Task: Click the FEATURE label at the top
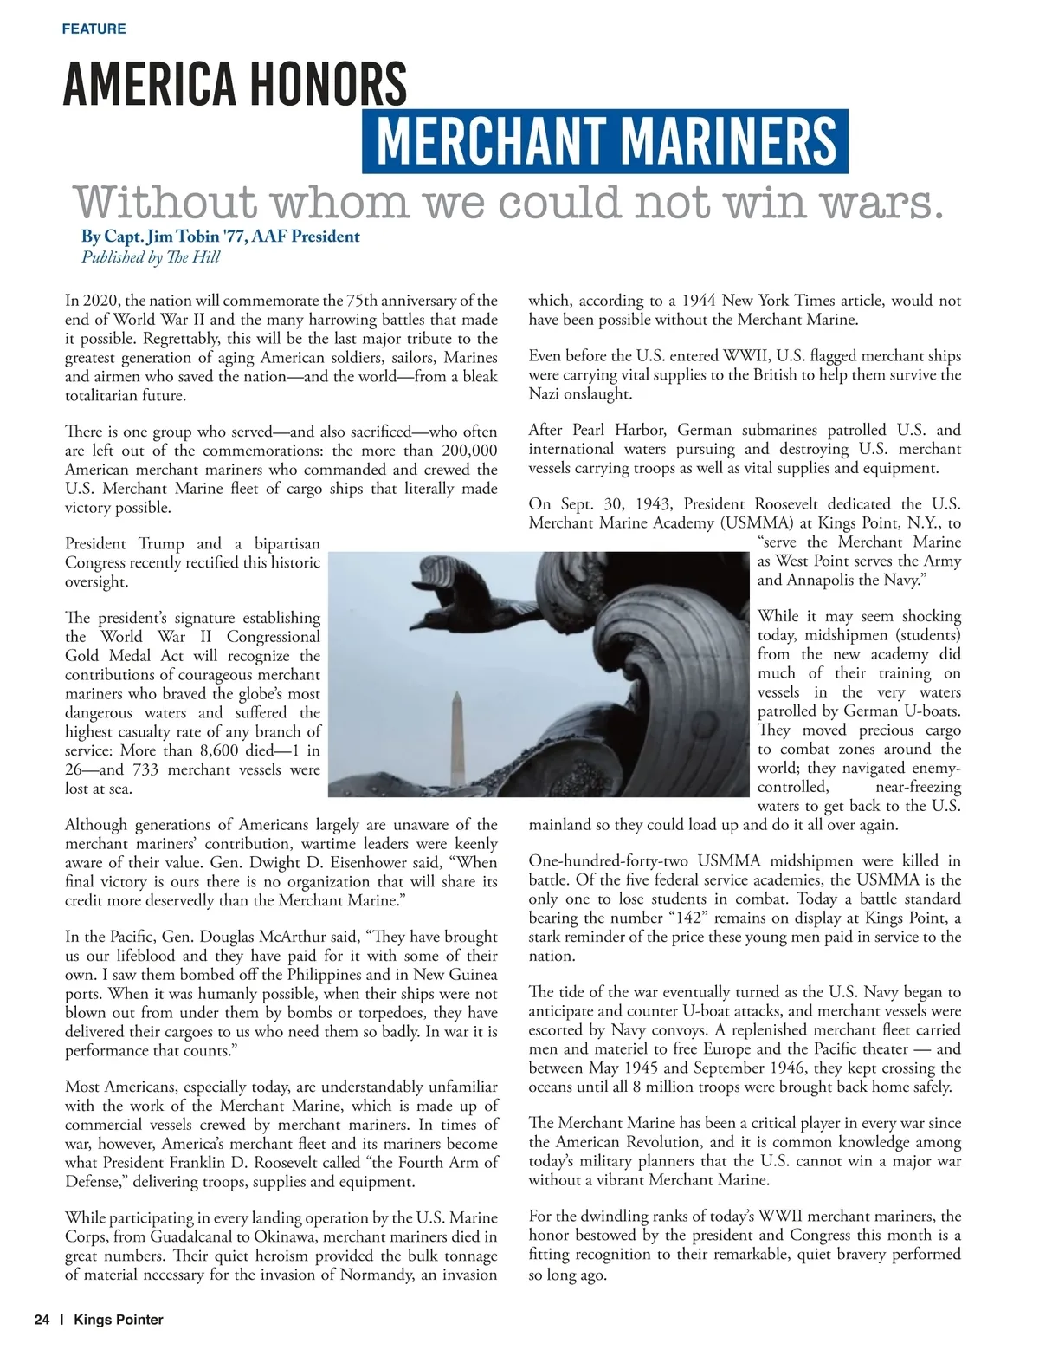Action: coord(94,29)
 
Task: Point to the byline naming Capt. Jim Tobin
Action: coord(220,236)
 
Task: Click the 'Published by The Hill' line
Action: coord(151,256)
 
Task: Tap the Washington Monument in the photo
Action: coord(456,732)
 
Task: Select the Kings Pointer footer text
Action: coord(119,1320)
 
